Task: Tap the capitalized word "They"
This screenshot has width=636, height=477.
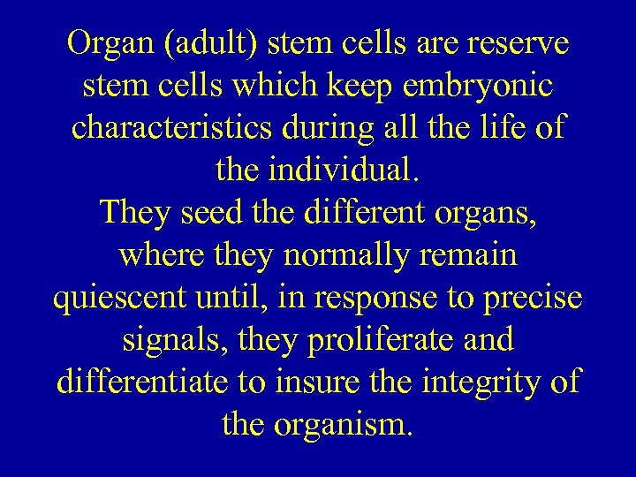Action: point(138,213)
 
